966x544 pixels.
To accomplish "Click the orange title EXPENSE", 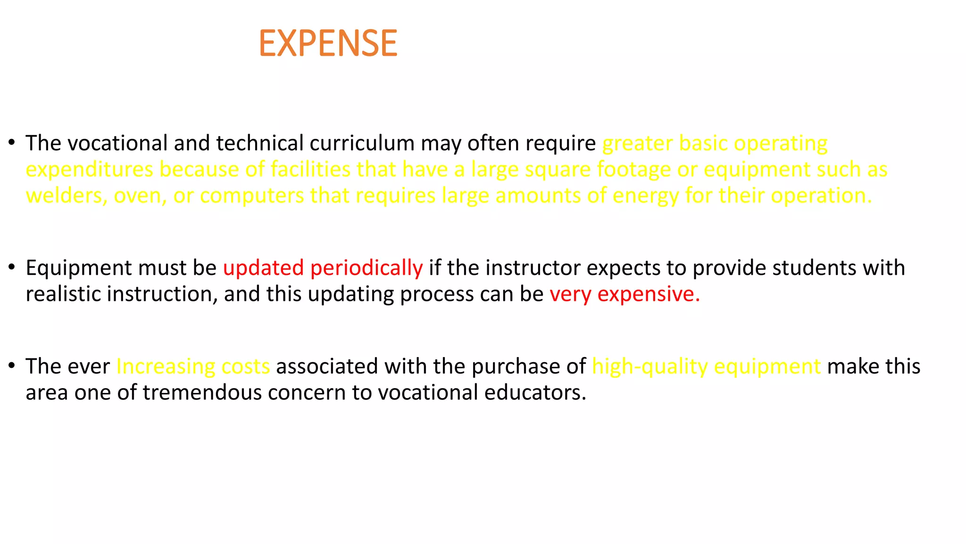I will [328, 43].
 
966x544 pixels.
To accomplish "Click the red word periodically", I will [366, 269].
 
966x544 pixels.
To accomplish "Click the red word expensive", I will [649, 295].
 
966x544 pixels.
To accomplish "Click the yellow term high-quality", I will [650, 367].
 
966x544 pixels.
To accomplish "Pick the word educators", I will [535, 392].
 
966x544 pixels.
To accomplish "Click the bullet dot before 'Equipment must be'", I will [12, 267].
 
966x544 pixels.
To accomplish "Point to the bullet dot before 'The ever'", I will [12, 366].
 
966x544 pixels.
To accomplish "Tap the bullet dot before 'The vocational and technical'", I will [12, 143].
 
